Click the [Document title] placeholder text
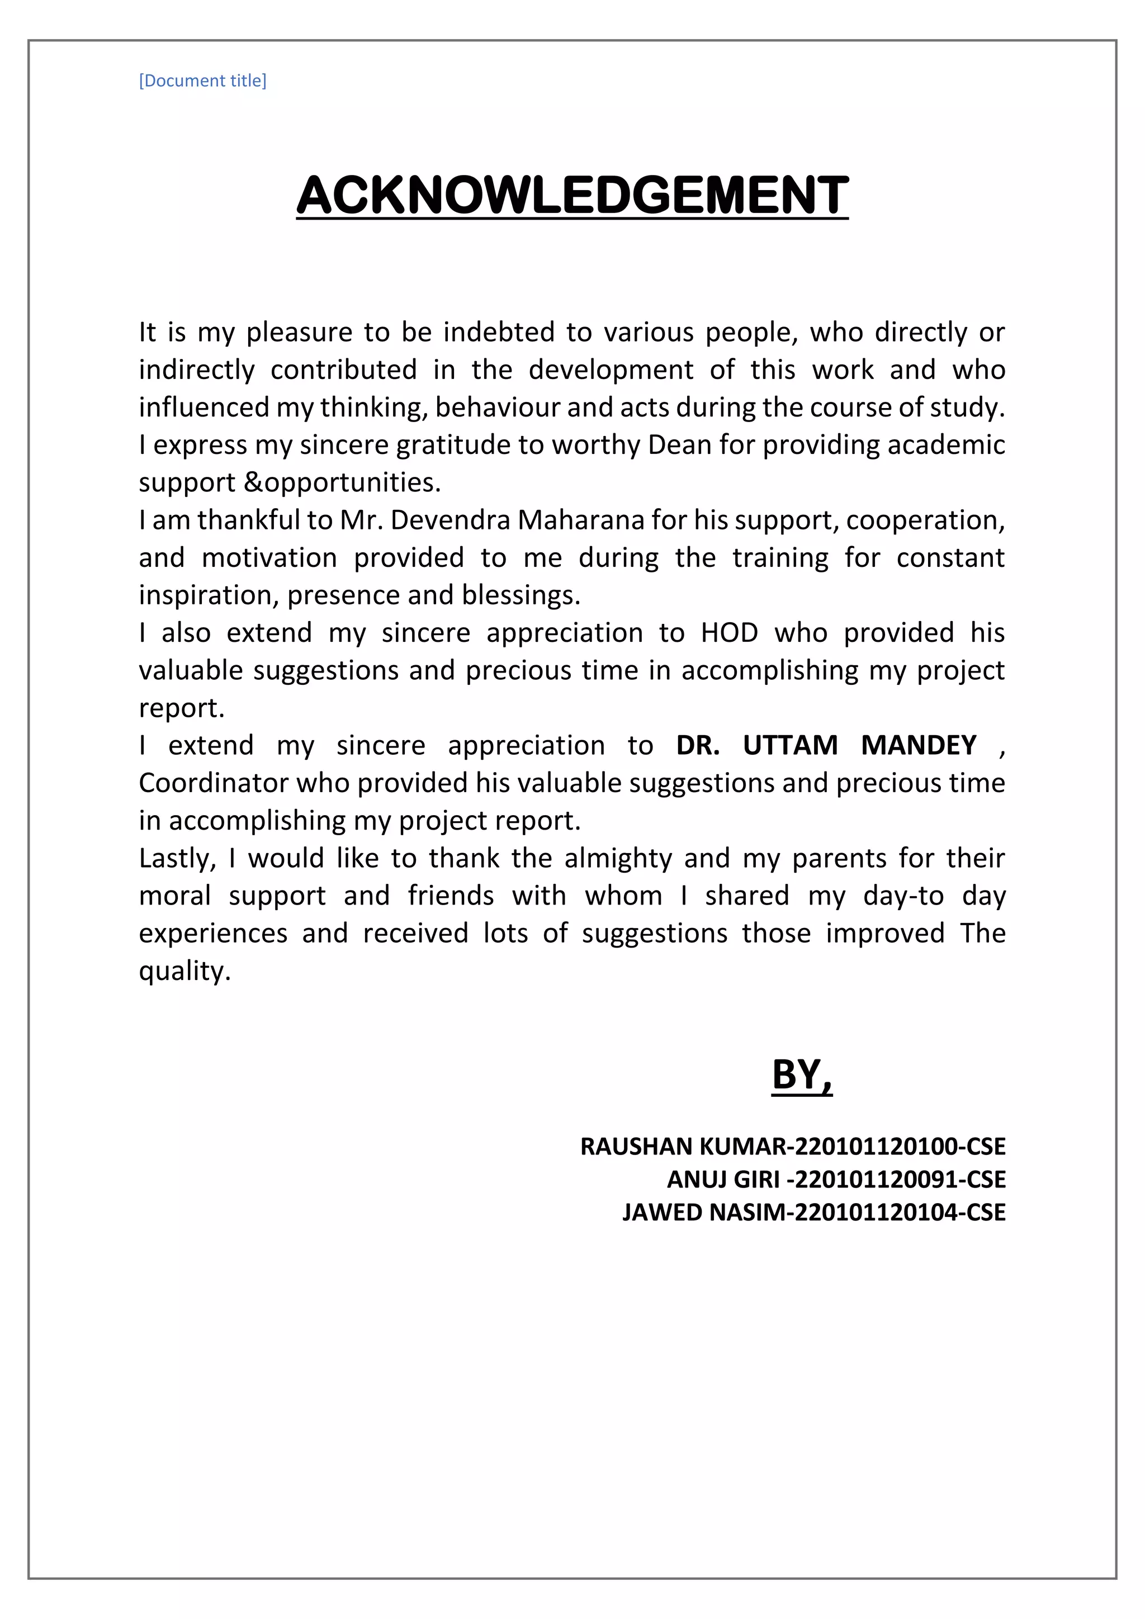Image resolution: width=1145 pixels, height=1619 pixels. point(202,81)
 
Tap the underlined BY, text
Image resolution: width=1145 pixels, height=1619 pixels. point(802,1074)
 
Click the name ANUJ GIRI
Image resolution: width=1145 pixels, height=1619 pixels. point(723,1179)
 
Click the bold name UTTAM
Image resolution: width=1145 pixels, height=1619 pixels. point(789,745)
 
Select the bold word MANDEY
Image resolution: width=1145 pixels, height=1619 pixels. point(918,745)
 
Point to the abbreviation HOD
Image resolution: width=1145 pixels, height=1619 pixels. point(729,632)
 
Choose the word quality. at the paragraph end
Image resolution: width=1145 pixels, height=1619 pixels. point(184,972)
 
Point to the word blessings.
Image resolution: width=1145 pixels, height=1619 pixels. point(521,595)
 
